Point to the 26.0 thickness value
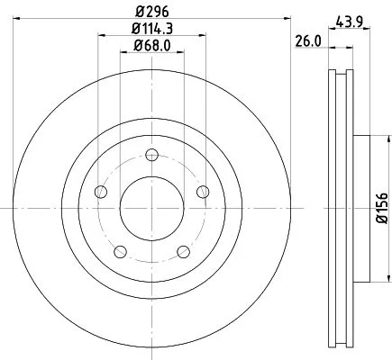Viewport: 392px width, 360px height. pyautogui.click(x=308, y=40)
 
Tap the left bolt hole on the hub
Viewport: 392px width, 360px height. pyautogui.click(x=100, y=192)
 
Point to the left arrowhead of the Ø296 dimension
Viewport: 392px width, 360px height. pyautogui.click(x=20, y=18)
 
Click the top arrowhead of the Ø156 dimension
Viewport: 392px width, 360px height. pyautogui.click(x=370, y=139)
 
